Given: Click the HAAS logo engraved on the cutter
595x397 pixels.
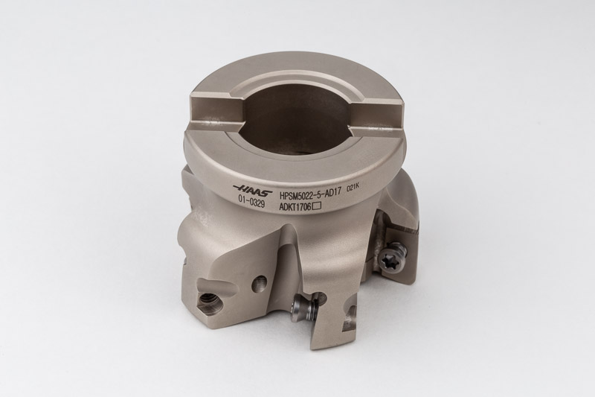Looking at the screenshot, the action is pos(251,188).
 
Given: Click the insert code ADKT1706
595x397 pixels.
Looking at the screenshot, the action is pos(295,207).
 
